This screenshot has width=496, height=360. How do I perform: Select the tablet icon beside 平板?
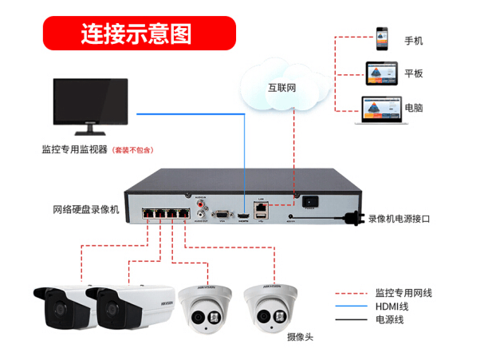click(382, 73)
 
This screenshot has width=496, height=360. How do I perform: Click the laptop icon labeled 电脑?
click(382, 109)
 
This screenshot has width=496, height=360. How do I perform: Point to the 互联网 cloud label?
click(281, 86)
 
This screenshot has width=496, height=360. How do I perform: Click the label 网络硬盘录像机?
click(86, 210)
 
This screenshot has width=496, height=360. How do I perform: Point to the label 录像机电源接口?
click(399, 218)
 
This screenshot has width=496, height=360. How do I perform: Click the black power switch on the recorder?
click(310, 202)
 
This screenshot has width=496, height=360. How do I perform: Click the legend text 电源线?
click(389, 319)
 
